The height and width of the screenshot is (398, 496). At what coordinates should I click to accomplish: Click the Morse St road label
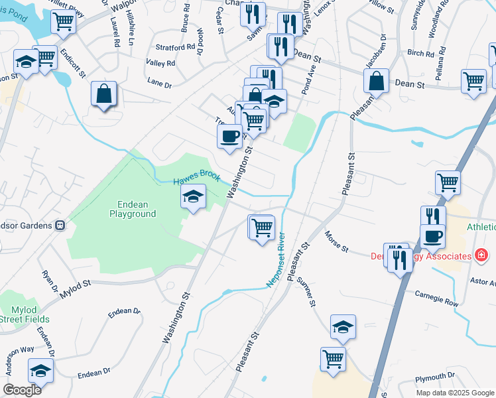pyautogui.click(x=337, y=241)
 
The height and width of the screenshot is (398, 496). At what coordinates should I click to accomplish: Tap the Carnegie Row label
pyautogui.click(x=437, y=298)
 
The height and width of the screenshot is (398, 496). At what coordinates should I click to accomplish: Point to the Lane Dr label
pyautogui.click(x=159, y=84)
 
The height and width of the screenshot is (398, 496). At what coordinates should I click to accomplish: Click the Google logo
pyautogui.click(x=22, y=390)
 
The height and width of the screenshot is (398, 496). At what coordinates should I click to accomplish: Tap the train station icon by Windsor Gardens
pyautogui.click(x=60, y=225)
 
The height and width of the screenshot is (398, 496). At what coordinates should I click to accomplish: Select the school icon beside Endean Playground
pyautogui.click(x=193, y=197)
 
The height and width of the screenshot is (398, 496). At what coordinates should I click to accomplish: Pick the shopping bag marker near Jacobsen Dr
pyautogui.click(x=376, y=81)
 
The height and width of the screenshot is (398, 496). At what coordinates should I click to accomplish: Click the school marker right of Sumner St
pyautogui.click(x=343, y=326)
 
